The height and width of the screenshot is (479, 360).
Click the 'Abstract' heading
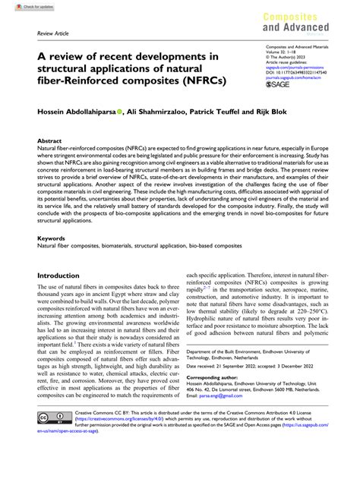click(x=51, y=141)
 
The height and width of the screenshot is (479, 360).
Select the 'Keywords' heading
click(x=53, y=238)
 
